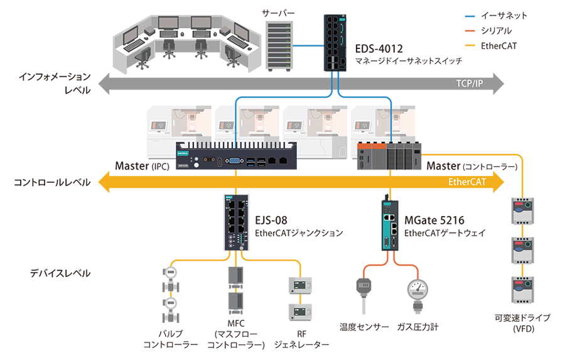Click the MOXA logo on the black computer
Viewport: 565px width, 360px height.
coord(183,153)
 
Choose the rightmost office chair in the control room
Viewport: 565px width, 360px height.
coord(230,58)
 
